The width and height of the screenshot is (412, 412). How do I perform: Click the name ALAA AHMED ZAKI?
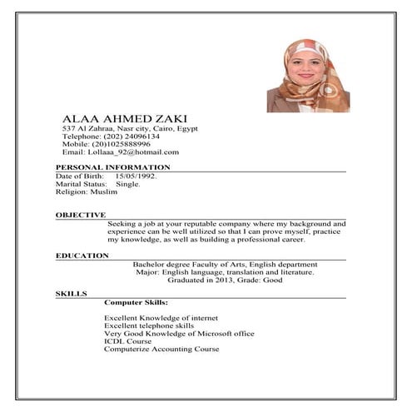[x=119, y=119]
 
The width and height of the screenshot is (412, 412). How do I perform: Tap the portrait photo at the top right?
[x=307, y=75]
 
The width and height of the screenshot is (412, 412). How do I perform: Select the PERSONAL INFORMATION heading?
[x=107, y=168]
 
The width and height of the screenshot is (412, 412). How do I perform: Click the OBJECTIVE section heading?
[x=81, y=215]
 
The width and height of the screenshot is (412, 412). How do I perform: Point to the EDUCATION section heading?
[x=82, y=256]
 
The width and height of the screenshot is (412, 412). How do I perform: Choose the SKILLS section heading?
[x=71, y=295]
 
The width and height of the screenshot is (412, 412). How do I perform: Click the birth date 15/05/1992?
[x=136, y=176]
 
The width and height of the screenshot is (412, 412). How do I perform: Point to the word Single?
[x=128, y=184]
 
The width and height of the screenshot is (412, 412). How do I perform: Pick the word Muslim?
[x=103, y=191]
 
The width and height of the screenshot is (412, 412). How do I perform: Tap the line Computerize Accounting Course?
[x=161, y=349]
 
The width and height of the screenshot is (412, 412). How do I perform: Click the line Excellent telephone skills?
[x=149, y=325]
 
